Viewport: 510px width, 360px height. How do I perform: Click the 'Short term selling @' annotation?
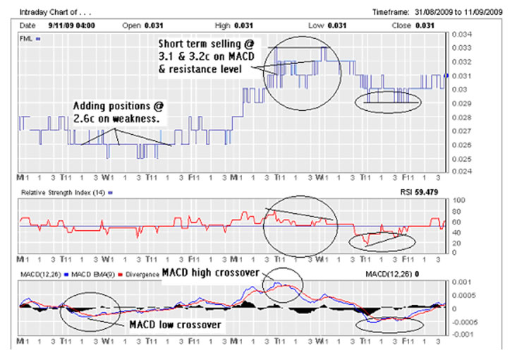coord(210,44)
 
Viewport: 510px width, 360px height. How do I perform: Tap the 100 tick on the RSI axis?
coord(457,200)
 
